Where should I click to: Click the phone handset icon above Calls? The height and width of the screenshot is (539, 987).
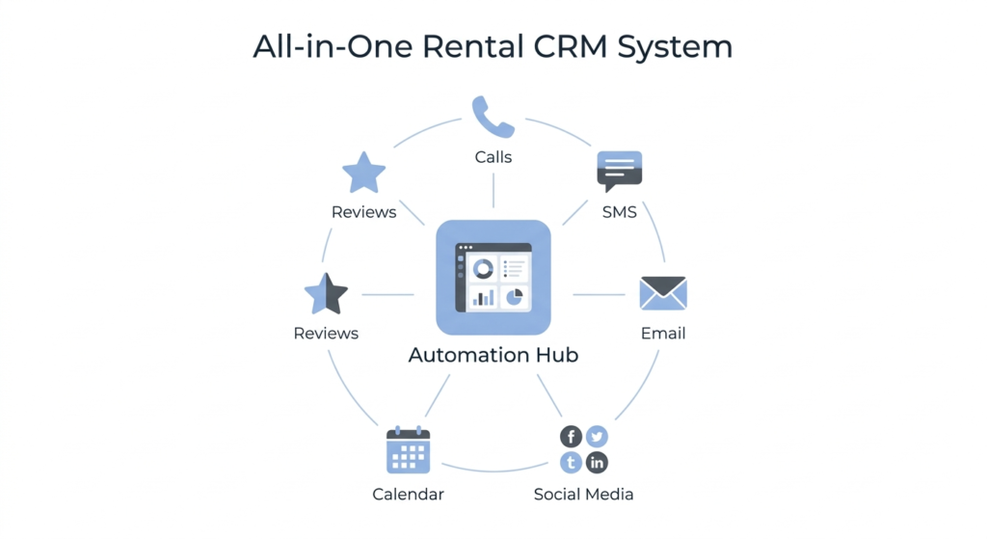tap(493, 117)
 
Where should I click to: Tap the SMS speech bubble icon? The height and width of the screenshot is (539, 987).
tap(619, 171)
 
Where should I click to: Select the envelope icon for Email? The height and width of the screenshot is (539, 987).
tap(663, 293)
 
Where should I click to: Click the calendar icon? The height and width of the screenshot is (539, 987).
tap(408, 450)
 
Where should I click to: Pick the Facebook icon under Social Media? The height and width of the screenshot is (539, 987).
tap(571, 437)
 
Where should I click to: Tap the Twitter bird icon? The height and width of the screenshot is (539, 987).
tap(598, 437)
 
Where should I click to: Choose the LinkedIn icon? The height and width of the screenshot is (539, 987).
tap(598, 463)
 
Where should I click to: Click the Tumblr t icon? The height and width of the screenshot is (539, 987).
tap(571, 463)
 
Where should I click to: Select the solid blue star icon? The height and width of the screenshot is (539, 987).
tap(363, 174)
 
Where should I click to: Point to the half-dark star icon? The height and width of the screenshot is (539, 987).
tap(326, 294)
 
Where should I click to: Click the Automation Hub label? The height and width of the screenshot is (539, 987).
tap(493, 355)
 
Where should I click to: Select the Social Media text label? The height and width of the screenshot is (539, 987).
tap(583, 495)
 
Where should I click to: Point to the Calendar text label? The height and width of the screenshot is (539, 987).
tap(408, 495)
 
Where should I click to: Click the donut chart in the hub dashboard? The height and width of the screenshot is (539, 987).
tap(482, 269)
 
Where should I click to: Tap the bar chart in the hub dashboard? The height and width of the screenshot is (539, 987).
tap(482, 298)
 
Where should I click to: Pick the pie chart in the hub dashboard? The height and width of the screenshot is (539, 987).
tap(514, 296)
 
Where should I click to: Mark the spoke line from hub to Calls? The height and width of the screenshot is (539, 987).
tap(493, 191)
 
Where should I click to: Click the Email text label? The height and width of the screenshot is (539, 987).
tap(663, 334)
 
